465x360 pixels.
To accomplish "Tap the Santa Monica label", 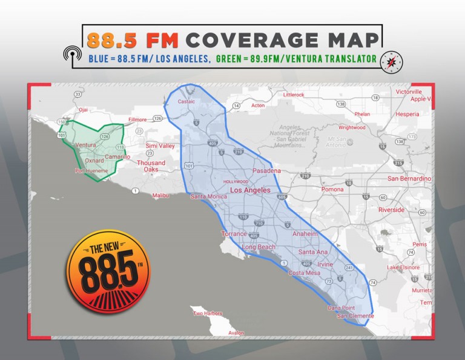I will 208,196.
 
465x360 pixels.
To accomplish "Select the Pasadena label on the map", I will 266,171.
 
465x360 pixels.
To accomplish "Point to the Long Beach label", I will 259,247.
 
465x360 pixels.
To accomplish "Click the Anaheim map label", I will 305,234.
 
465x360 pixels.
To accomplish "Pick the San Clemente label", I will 355,316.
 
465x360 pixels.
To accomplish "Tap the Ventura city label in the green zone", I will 87,145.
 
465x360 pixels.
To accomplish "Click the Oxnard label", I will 94,161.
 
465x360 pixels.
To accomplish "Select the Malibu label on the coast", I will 160,195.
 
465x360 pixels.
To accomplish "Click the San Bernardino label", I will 409,179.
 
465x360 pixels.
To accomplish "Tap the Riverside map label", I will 391,210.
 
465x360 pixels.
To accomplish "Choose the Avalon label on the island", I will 236,333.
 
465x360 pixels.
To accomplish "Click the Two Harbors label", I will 208,313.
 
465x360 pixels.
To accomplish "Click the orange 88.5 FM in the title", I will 133,39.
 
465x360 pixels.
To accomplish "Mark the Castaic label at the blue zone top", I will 186,102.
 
